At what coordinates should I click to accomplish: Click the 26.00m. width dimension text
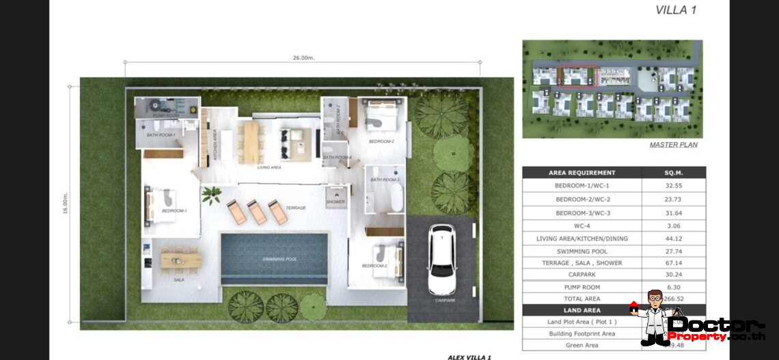point(303,58)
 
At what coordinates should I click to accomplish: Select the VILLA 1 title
point(676,10)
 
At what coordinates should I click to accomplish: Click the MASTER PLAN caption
point(673,145)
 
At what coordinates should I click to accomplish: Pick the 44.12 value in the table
point(674,238)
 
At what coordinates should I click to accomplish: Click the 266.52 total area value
point(674,299)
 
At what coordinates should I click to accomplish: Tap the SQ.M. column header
point(674,173)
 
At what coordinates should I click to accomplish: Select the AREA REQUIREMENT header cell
point(582,173)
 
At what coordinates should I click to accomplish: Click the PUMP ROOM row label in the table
point(582,287)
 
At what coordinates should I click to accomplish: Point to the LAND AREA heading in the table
point(582,310)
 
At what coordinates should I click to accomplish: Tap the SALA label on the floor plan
point(179,280)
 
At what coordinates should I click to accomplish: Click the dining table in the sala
point(181,260)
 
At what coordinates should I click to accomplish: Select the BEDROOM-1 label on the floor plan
point(174,211)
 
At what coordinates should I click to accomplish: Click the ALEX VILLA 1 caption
point(470,357)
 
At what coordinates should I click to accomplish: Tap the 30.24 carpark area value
point(674,275)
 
